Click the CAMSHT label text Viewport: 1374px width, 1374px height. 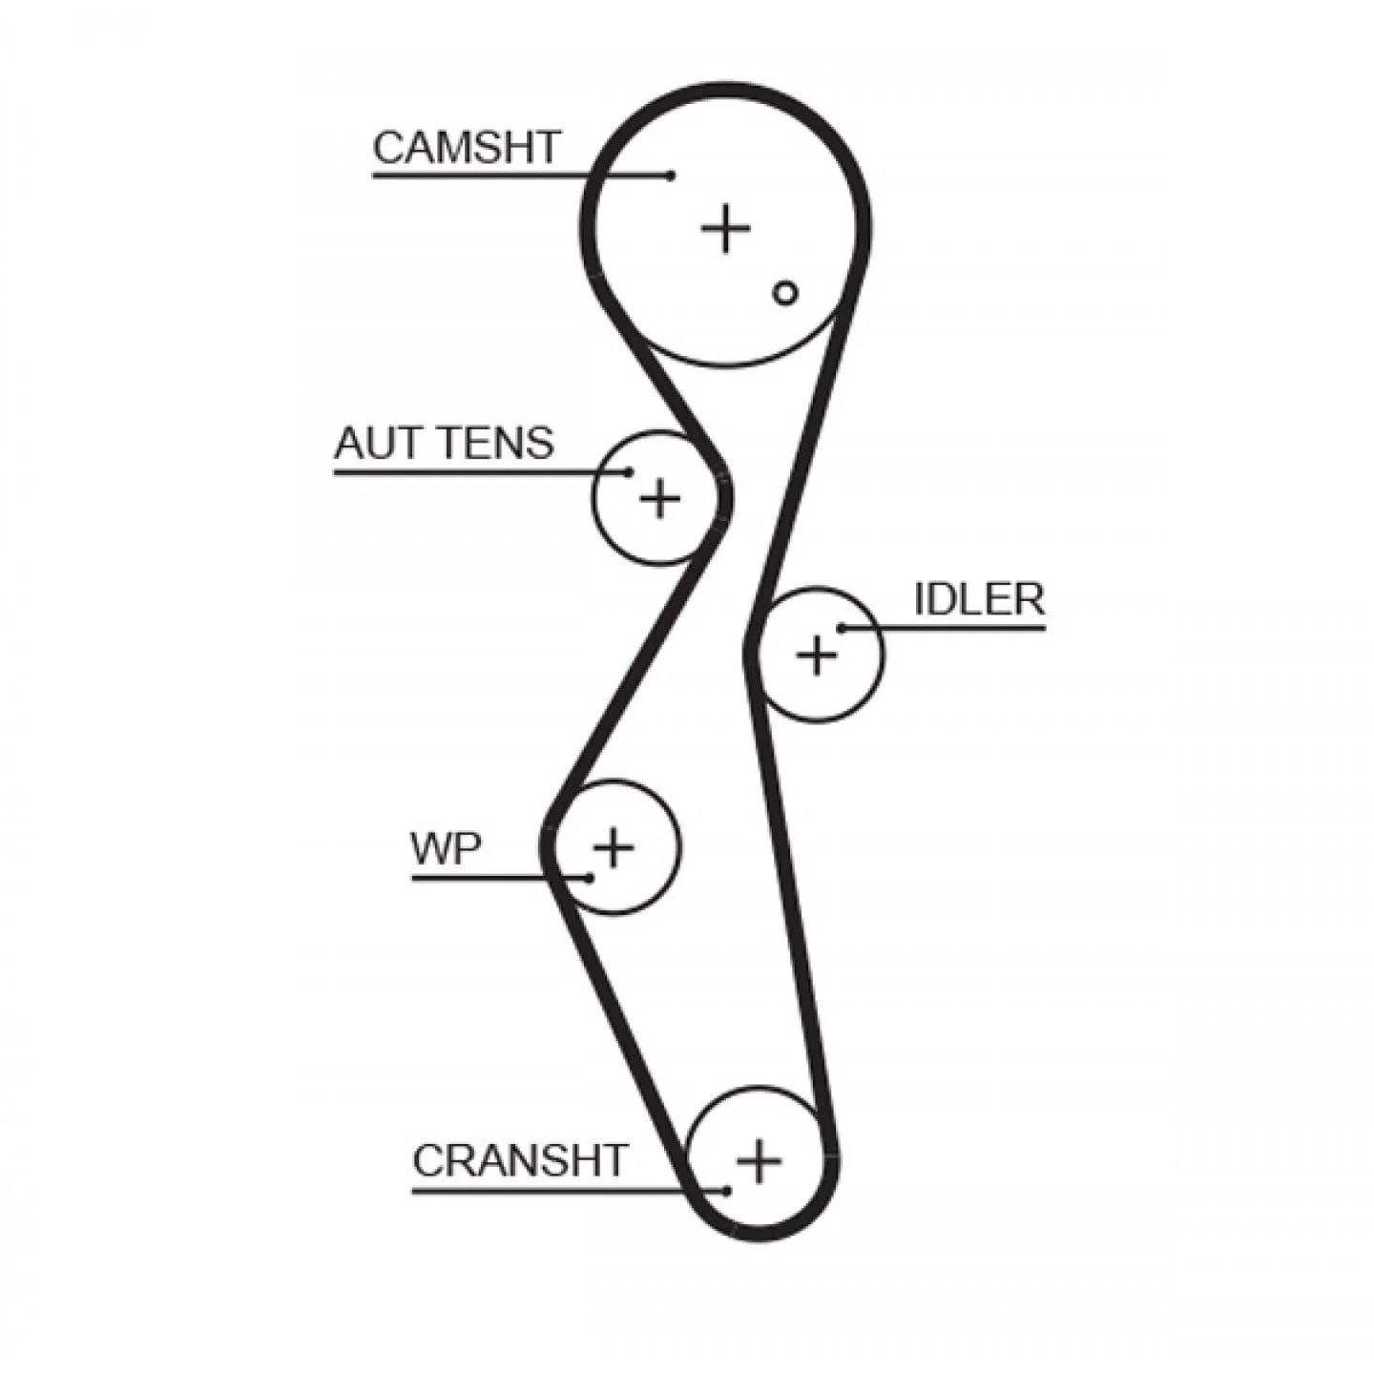[467, 148]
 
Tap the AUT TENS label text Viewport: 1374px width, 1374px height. [444, 443]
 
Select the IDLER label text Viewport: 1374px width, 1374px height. [978, 599]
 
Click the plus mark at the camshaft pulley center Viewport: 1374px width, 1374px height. [726, 228]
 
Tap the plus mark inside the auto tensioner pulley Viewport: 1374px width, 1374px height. [660, 498]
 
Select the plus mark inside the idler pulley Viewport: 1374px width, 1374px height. [817, 654]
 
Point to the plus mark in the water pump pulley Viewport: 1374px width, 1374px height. [614, 846]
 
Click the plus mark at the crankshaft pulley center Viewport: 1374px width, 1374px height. [759, 1161]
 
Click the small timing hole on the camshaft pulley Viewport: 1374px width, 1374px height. [785, 292]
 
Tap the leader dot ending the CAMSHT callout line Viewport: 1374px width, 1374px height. [670, 175]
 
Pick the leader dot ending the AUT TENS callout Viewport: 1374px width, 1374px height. [629, 471]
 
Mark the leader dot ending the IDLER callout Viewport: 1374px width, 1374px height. [842, 628]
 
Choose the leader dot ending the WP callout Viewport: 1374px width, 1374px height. [590, 878]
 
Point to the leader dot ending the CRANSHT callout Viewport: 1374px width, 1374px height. [726, 1191]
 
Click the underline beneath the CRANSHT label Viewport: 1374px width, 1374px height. [569, 1191]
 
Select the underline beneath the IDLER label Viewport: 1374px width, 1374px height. [944, 628]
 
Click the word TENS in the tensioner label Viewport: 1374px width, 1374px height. [498, 443]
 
